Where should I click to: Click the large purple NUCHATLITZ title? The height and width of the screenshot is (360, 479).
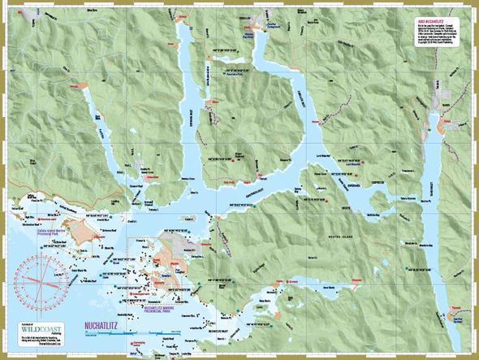(105, 327)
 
